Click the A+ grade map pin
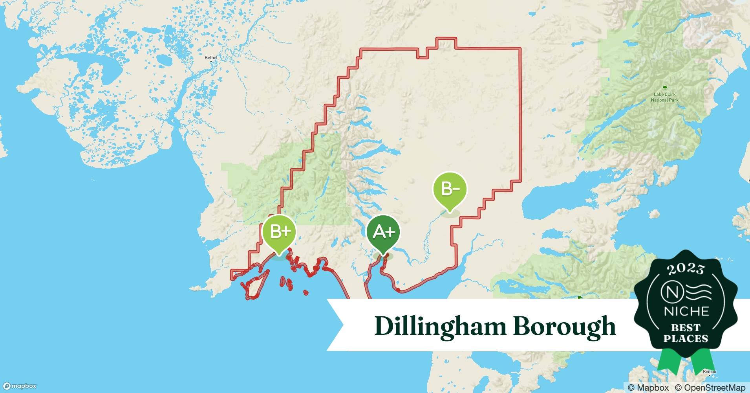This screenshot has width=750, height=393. click(383, 232)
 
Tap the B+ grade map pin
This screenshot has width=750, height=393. click(279, 232)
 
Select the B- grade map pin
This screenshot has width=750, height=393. click(450, 189)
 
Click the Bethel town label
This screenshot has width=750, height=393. click(211, 58)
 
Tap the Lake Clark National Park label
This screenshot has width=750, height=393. click(665, 97)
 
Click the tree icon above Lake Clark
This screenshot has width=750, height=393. click(665, 88)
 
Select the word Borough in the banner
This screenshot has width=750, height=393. click(565, 327)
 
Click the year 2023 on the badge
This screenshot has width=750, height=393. click(686, 269)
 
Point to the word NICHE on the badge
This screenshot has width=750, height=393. click(686, 312)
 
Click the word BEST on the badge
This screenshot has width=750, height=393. click(686, 327)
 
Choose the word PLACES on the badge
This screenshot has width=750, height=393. click(686, 338)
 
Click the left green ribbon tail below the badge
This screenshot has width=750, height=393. click(668, 364)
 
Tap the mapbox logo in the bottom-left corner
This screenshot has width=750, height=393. click(20, 386)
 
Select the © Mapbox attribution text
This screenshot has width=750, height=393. click(648, 387)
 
